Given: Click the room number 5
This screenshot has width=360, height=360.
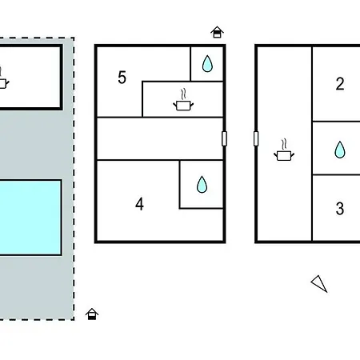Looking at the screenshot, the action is pyautogui.click(x=122, y=78).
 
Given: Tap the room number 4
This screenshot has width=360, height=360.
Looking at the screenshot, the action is pyautogui.click(x=139, y=204).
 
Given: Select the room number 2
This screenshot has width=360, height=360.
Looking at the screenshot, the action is pyautogui.click(x=340, y=84).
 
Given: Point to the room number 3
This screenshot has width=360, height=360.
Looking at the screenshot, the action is pyautogui.click(x=340, y=209).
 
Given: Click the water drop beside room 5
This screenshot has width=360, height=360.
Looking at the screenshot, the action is pyautogui.click(x=207, y=64).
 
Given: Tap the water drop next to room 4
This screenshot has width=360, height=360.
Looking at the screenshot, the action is pyautogui.click(x=202, y=185).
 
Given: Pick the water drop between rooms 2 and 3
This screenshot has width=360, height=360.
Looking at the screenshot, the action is pyautogui.click(x=340, y=150).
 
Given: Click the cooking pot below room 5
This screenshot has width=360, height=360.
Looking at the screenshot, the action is pyautogui.click(x=183, y=106).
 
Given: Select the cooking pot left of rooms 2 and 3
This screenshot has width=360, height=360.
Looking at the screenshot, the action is pyautogui.click(x=284, y=155).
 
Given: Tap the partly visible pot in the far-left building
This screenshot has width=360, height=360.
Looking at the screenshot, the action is pyautogui.click(x=3, y=83).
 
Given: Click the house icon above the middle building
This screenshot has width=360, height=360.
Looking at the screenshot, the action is pyautogui.click(x=217, y=32).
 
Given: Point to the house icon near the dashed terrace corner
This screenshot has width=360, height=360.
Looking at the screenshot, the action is pyautogui.click(x=92, y=314).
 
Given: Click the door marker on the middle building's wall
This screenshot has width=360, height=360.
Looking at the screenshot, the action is pyautogui.click(x=224, y=138).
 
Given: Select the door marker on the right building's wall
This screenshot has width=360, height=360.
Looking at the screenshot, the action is pyautogui.click(x=256, y=138).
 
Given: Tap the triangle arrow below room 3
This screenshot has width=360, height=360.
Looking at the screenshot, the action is pyautogui.click(x=319, y=284).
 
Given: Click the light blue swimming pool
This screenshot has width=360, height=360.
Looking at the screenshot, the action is pyautogui.click(x=30, y=218).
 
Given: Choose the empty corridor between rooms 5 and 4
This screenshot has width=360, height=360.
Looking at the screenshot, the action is pyautogui.click(x=160, y=138).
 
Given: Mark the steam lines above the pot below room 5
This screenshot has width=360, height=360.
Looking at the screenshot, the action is pyautogui.click(x=183, y=94).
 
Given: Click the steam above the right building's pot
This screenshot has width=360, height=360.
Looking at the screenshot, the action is pyautogui.click(x=284, y=144).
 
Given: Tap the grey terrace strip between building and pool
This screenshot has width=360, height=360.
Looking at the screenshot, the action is pyautogui.click(x=32, y=145).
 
